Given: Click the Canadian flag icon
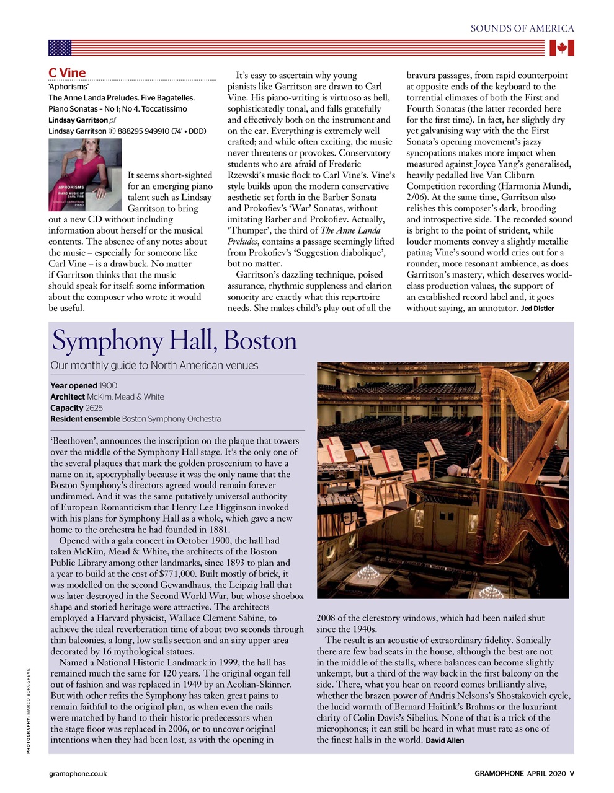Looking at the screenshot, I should [x=561, y=48].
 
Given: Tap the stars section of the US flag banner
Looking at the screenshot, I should [x=60, y=48].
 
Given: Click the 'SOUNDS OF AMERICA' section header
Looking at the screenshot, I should [x=522, y=28].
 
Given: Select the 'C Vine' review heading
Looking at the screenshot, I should [x=67, y=72].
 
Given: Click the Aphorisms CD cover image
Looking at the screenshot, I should [x=85, y=175].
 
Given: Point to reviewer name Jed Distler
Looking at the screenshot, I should [x=537, y=309].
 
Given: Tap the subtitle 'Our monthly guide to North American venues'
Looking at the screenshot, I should [x=154, y=366].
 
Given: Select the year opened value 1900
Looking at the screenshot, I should [x=108, y=385].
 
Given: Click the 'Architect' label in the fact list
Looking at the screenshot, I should [x=67, y=396].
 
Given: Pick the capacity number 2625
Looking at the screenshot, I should [x=94, y=408].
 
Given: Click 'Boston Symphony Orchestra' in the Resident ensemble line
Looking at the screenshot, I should [x=171, y=419].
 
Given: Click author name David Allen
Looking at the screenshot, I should [x=445, y=740].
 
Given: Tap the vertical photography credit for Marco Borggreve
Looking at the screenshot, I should [x=28, y=712].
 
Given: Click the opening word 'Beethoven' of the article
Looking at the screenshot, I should [x=73, y=441].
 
